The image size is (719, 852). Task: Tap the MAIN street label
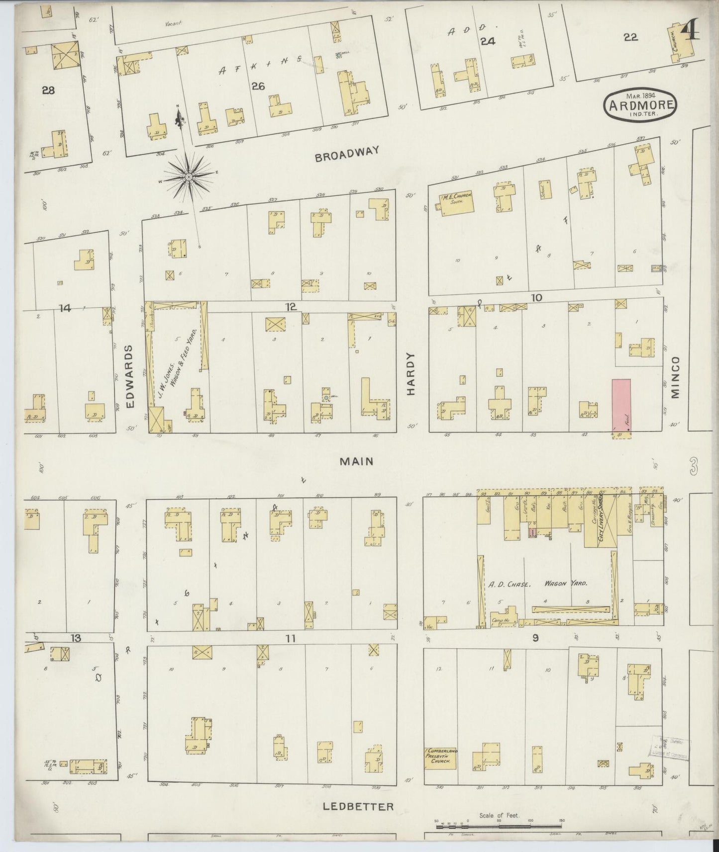tap(356, 461)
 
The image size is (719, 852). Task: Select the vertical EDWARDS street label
tap(130, 376)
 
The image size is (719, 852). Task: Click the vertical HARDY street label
tap(411, 374)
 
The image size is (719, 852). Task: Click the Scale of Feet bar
tap(499, 826)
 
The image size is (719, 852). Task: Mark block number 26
tap(258, 86)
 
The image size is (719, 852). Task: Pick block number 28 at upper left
tap(48, 90)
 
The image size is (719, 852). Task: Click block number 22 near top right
tap(630, 37)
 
